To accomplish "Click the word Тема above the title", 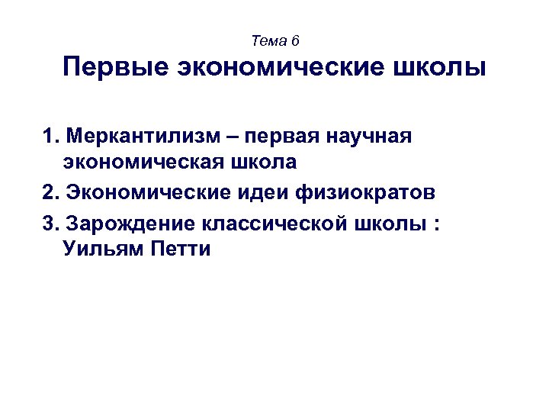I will [267, 40].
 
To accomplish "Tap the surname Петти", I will [176, 249].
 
